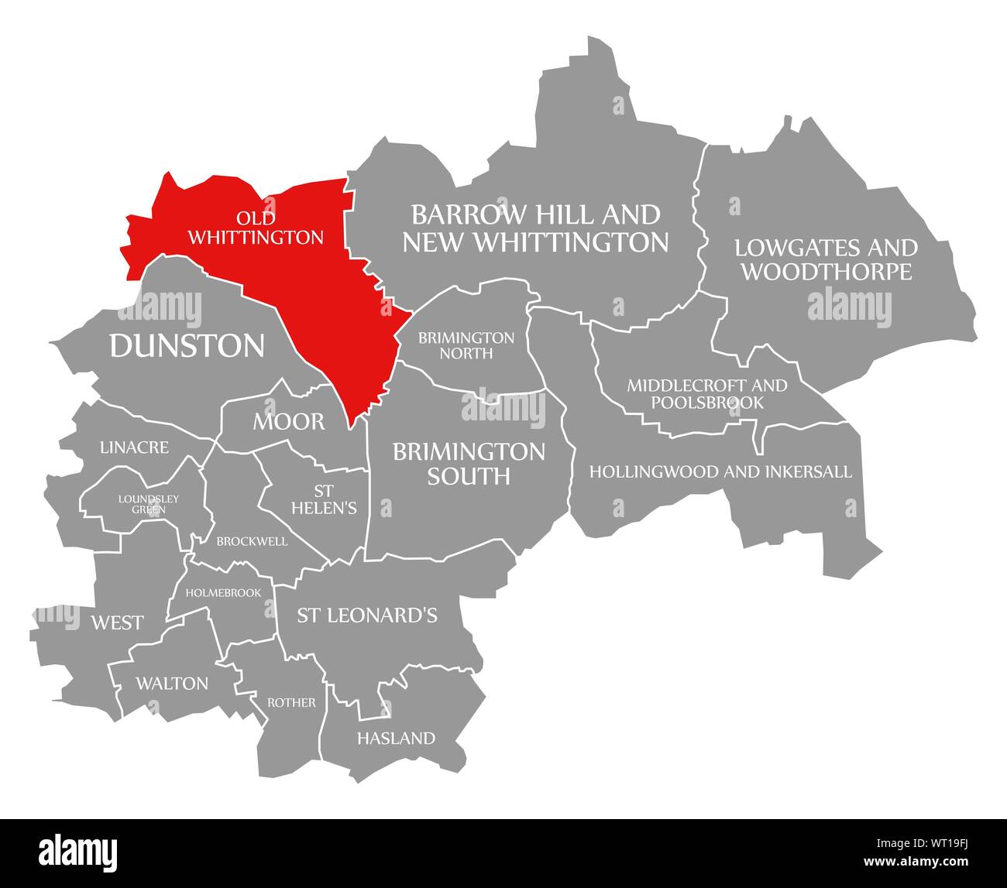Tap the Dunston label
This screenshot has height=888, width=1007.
[187, 346]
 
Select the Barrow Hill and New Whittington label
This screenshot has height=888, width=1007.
[535, 228]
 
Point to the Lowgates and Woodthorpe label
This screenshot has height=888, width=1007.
[826, 259]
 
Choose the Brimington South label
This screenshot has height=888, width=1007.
[469, 463]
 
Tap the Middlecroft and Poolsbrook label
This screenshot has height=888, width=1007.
[706, 393]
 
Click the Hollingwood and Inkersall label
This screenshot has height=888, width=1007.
[720, 471]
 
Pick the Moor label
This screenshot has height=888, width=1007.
[288, 422]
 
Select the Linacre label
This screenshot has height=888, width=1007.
[134, 447]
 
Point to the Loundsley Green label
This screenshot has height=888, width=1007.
[148, 504]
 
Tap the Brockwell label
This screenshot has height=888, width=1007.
[252, 541]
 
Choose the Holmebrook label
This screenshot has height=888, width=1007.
[229, 593]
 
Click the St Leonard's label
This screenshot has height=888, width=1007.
[367, 615]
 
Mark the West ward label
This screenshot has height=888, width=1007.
[117, 622]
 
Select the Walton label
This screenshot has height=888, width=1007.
[172, 684]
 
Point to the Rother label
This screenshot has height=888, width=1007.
[291, 703]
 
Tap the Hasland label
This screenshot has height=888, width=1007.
[396, 739]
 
